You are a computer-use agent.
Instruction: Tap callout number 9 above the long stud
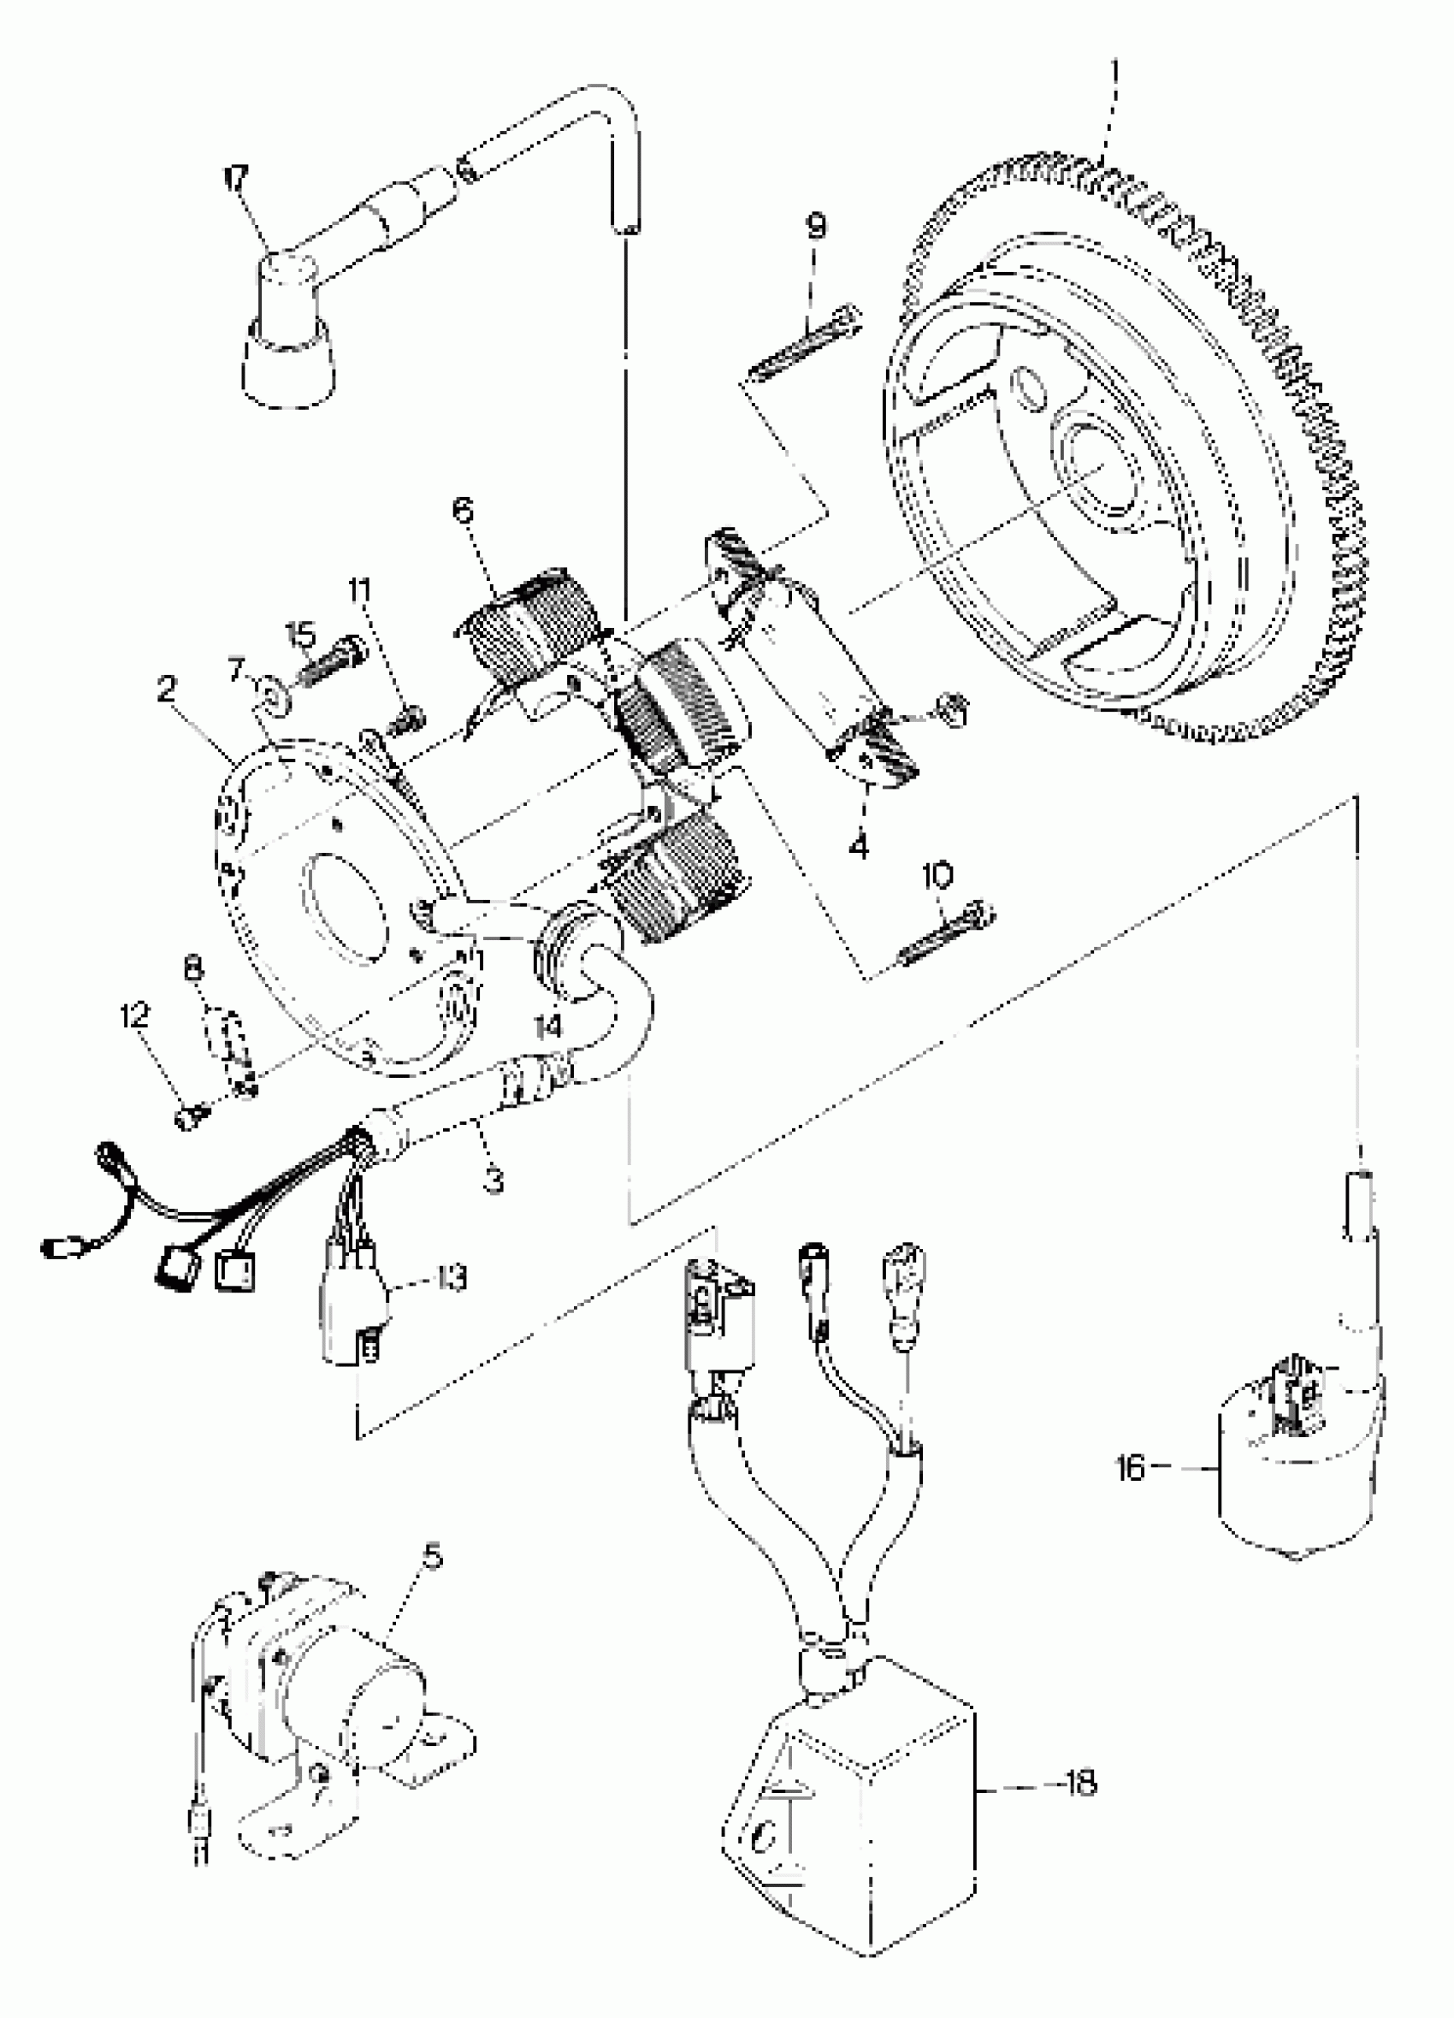(x=815, y=226)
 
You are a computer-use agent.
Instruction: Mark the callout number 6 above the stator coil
(x=463, y=511)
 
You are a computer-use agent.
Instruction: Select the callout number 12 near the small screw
(x=135, y=1015)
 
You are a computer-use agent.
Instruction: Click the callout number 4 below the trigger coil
(x=859, y=847)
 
